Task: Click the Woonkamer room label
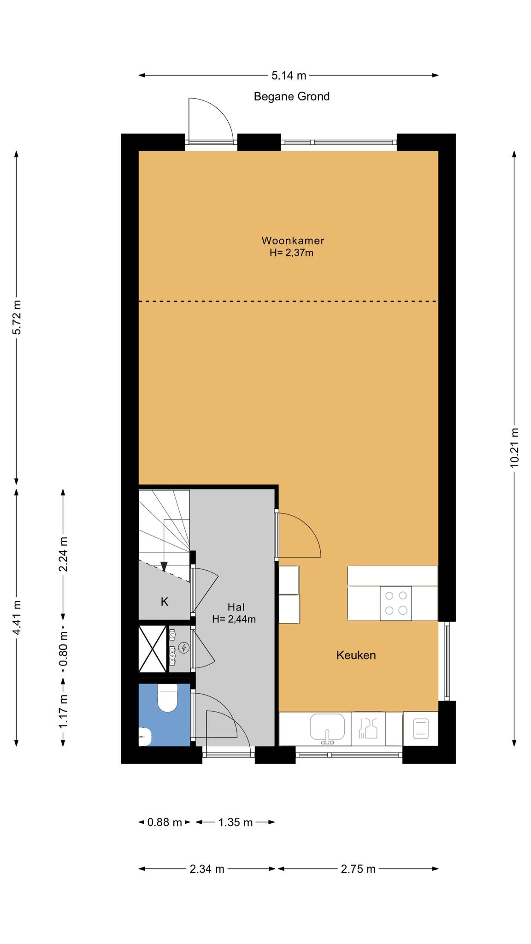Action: click(293, 241)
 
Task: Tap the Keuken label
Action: click(356, 655)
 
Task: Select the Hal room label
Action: click(236, 607)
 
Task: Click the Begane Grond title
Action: click(292, 96)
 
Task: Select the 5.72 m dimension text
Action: click(17, 317)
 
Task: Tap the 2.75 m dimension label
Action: click(358, 869)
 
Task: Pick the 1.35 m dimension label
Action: click(236, 822)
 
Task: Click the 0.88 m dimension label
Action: click(165, 822)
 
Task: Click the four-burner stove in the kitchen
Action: click(395, 603)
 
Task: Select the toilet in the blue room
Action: click(167, 698)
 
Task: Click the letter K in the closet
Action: click(165, 602)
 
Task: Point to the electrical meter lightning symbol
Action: click(184, 648)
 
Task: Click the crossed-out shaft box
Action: click(153, 648)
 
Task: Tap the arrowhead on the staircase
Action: click(164, 566)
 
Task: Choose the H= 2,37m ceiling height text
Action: click(291, 253)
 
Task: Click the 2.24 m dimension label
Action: click(63, 554)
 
